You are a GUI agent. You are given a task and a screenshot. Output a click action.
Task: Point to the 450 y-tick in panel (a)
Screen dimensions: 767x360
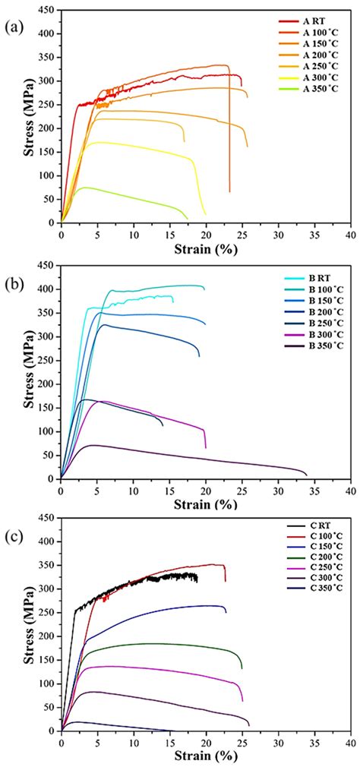[x=49, y=11]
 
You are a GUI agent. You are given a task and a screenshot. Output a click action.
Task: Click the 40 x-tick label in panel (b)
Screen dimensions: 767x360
[x=350, y=487]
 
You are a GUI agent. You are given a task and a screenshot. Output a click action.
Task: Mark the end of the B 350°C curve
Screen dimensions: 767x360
[x=307, y=475]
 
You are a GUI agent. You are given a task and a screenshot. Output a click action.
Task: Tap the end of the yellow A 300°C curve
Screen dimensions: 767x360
[x=205, y=214]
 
